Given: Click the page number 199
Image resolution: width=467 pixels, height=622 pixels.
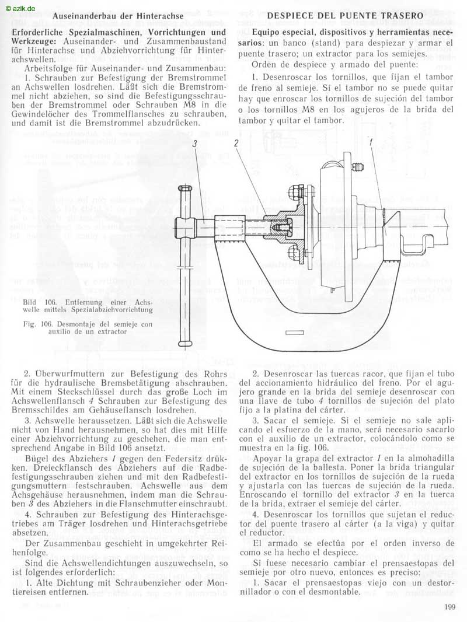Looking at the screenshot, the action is (x=450, y=606).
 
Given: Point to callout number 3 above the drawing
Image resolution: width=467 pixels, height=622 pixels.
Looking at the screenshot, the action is (x=195, y=144).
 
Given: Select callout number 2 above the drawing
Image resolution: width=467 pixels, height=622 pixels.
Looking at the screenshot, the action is (x=236, y=143).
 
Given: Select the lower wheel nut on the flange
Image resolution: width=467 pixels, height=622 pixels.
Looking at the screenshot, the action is (x=292, y=251).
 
